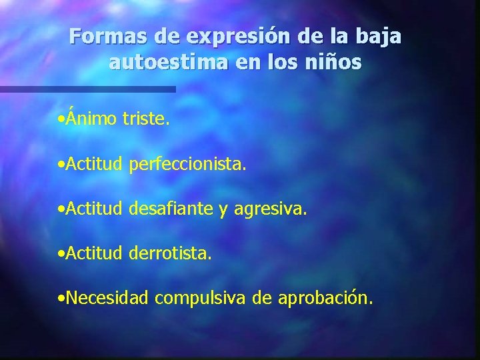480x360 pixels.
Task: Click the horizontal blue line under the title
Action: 87,89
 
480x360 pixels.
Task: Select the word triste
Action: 146,119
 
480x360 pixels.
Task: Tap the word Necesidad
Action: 107,297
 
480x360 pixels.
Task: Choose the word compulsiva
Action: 202,299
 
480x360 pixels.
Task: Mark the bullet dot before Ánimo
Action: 61,120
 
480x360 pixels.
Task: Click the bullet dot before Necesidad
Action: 61,299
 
